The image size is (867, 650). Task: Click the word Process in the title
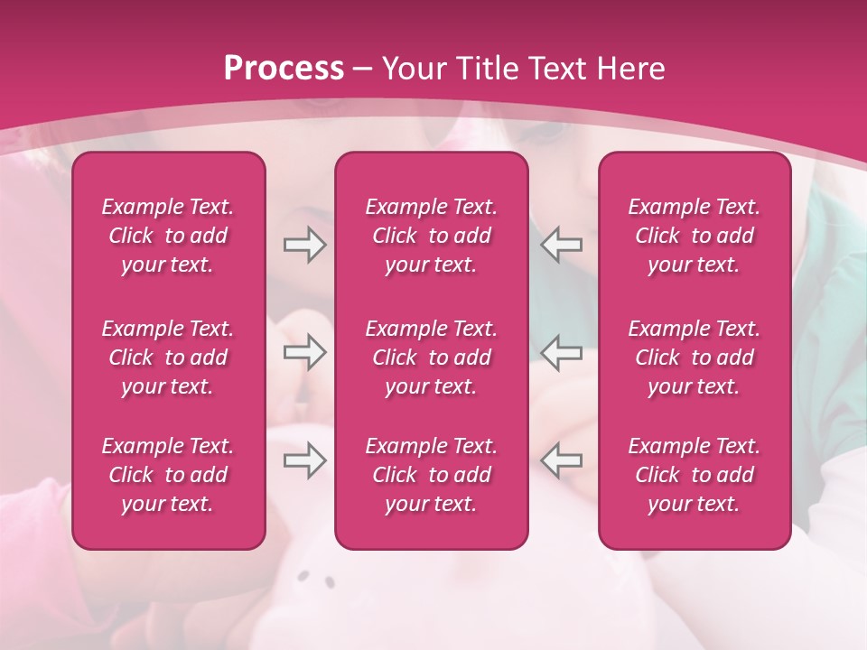[284, 68]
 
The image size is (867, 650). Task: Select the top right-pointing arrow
[304, 245]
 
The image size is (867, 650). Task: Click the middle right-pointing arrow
[304, 352]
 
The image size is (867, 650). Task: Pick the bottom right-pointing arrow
[304, 460]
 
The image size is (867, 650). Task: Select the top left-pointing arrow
[562, 245]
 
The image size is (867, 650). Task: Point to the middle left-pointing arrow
[562, 352]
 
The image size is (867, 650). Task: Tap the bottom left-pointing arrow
[562, 460]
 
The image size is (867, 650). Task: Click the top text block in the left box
[168, 236]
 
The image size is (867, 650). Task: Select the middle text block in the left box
[168, 357]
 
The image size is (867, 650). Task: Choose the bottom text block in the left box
[168, 475]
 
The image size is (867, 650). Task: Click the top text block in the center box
[432, 236]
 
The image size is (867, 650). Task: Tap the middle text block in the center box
[432, 357]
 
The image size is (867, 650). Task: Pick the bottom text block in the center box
[432, 475]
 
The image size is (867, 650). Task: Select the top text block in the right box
[695, 236]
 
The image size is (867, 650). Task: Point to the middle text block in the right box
[695, 357]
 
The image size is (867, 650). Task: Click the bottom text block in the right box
[695, 475]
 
